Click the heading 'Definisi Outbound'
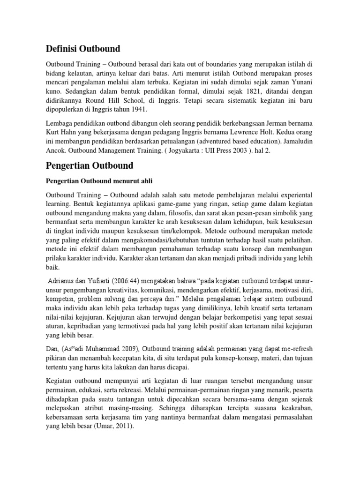82,48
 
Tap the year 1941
138,110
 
